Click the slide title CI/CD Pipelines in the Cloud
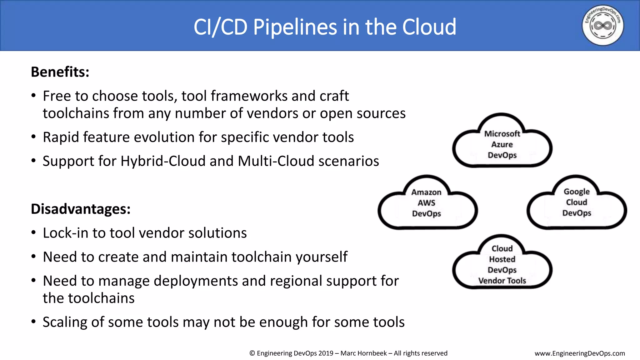click(x=325, y=27)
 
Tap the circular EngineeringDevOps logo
click(x=602, y=25)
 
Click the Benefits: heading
click(x=60, y=72)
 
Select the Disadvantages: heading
click(x=81, y=209)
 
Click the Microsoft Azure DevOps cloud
click(x=502, y=144)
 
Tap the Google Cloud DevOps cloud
click(x=577, y=202)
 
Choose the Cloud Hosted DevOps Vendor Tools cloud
click(x=502, y=264)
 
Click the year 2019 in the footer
click(x=326, y=353)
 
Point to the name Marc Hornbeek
click(x=363, y=353)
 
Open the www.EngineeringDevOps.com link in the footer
click(x=580, y=353)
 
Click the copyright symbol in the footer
click(x=252, y=353)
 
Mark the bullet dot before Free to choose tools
click(x=33, y=96)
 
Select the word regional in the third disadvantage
click(x=296, y=281)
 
